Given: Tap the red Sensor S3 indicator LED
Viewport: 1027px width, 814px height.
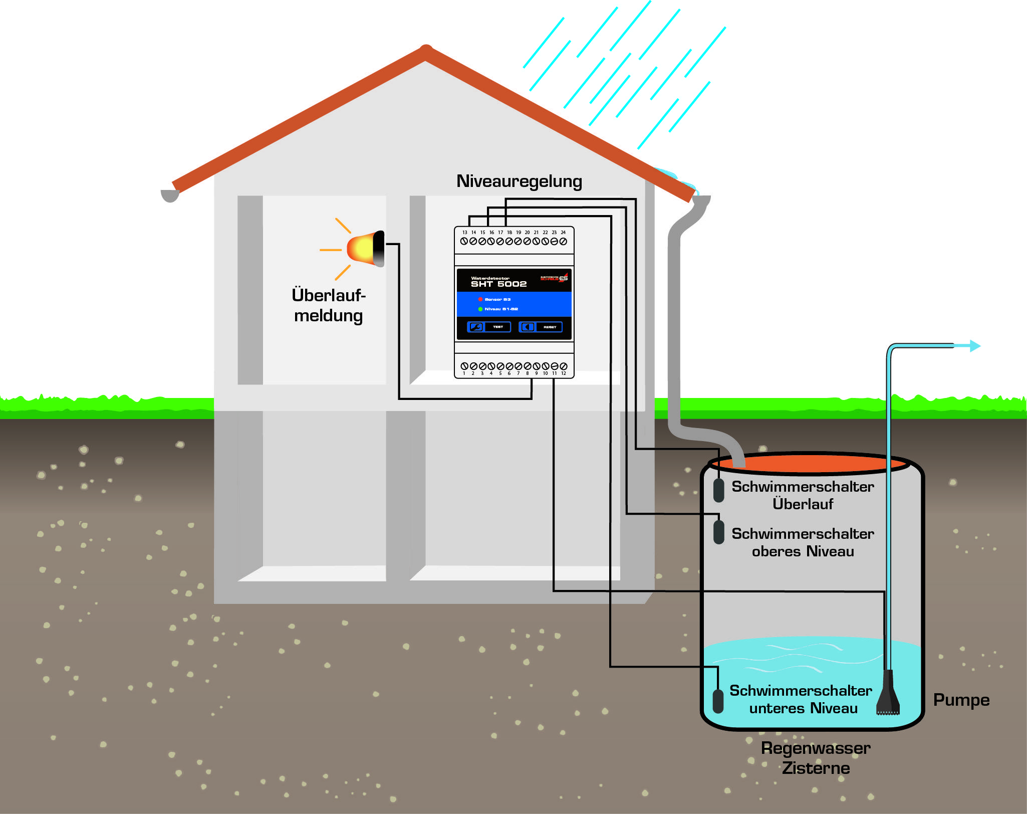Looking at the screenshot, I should pyautogui.click(x=480, y=299).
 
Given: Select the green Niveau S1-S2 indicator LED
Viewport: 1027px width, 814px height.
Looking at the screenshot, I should pyautogui.click(x=480, y=309).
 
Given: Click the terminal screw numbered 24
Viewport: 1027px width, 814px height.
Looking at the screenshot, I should pyautogui.click(x=563, y=241).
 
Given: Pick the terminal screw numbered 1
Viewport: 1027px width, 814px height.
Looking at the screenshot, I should pyautogui.click(x=464, y=366).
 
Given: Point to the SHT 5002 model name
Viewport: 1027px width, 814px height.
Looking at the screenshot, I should pyautogui.click(x=498, y=284).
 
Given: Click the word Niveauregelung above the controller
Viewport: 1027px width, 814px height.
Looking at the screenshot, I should pyautogui.click(x=519, y=181).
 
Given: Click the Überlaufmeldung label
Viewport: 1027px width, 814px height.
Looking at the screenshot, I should pyautogui.click(x=329, y=305).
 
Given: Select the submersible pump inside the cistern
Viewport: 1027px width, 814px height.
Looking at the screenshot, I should pyautogui.click(x=888, y=694).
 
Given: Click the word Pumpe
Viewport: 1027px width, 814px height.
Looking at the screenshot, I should pyautogui.click(x=961, y=700).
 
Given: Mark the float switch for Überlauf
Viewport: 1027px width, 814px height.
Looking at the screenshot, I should pyautogui.click(x=718, y=490).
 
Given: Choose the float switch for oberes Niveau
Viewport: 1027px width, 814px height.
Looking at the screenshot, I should pyautogui.click(x=718, y=532).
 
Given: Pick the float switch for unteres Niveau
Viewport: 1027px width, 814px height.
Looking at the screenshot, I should pyautogui.click(x=718, y=701).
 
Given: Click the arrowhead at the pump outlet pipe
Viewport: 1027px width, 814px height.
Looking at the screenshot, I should pyautogui.click(x=974, y=346).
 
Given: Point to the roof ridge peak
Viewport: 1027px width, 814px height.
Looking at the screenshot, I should pyautogui.click(x=426, y=50).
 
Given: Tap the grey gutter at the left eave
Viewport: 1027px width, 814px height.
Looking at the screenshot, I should pyautogui.click(x=170, y=196).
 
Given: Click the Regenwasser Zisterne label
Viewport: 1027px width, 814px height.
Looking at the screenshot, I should pyautogui.click(x=816, y=758).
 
